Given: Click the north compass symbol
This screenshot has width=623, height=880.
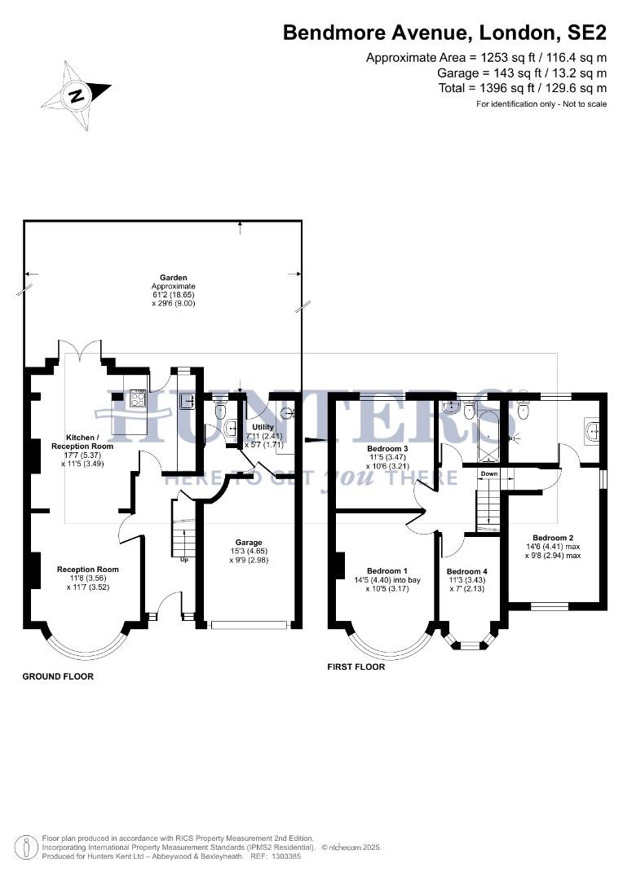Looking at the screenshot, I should point(76,95).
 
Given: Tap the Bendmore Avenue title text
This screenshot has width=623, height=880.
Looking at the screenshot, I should point(444,33).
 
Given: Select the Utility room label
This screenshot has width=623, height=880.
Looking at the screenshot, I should point(263,427).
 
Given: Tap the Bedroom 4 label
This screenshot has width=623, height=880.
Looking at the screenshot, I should point(467,571).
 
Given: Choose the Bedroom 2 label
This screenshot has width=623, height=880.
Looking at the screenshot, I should point(553,538).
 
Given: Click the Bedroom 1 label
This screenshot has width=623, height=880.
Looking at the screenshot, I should point(387,570).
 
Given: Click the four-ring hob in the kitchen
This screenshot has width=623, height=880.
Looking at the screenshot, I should point(138,398).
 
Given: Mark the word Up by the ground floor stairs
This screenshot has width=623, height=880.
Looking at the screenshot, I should point(185,559).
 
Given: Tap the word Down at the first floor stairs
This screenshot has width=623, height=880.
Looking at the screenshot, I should point(488,474).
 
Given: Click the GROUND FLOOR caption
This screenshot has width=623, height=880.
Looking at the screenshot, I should point(58,676).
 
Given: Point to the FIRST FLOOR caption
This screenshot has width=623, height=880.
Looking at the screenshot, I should point(356,667).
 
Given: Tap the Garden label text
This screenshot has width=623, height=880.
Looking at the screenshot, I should point(173,278).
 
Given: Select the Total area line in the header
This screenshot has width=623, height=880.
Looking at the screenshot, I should point(522,88).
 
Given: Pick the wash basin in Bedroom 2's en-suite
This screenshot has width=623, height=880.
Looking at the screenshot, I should point(592,428).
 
